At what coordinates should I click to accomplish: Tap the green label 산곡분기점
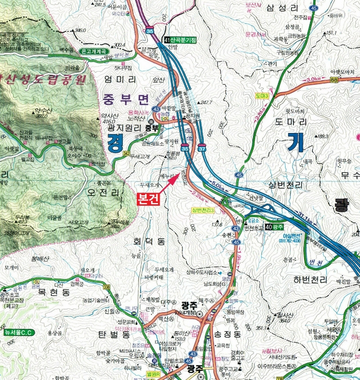click(x=184, y=40)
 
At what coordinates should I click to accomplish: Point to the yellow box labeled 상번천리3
click(x=203, y=210)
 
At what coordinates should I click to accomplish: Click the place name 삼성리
click(x=283, y=8)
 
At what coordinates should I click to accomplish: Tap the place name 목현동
click(x=54, y=292)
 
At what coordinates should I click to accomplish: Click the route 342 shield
click(x=127, y=154)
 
